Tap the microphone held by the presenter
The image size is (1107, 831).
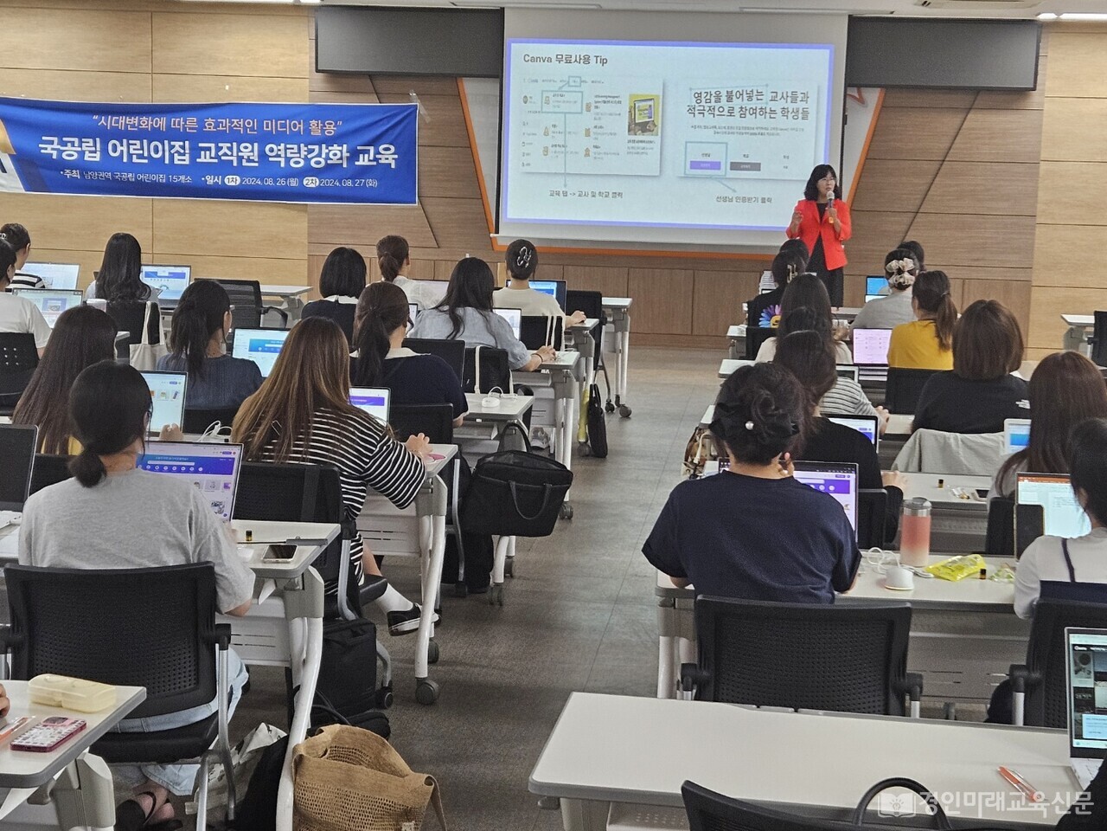[x=829, y=200]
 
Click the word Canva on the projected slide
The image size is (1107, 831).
[x=540, y=59]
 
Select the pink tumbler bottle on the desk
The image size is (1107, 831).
[x=915, y=531]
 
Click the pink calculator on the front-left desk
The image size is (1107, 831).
[x=48, y=733]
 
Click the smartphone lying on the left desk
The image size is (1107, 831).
[x=279, y=552]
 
